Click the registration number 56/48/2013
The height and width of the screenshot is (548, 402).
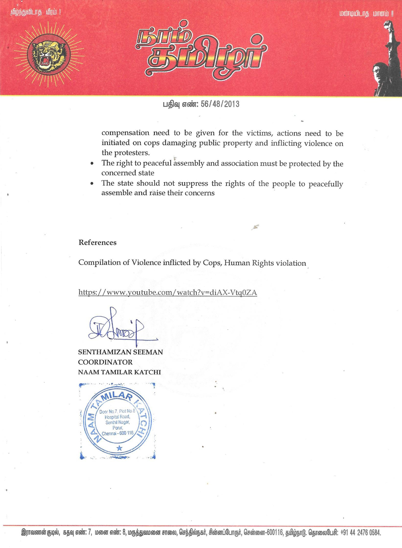click(220, 104)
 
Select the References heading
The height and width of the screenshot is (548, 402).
click(97, 243)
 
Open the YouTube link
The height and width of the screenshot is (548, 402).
click(168, 292)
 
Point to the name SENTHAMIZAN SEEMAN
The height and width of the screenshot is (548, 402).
click(121, 352)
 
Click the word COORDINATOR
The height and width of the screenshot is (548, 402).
click(105, 362)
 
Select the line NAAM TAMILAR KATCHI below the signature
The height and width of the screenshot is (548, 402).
click(119, 372)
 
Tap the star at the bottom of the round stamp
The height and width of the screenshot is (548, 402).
click(119, 448)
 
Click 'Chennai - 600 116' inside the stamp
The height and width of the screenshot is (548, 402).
click(118, 433)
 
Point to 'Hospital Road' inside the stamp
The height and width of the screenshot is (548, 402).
click(117, 417)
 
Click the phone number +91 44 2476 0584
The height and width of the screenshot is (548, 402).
click(360, 533)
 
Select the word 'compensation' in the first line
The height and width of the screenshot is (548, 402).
click(125, 133)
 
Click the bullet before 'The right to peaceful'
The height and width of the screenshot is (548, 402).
click(92, 164)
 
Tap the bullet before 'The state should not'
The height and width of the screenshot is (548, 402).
click(92, 184)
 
